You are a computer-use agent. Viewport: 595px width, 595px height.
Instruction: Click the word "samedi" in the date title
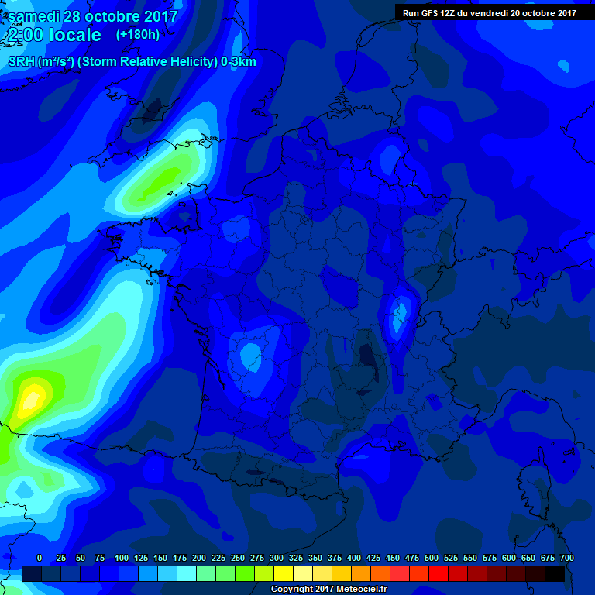(x=36, y=16)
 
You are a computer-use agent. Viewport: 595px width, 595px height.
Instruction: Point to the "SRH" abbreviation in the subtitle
(x=21, y=62)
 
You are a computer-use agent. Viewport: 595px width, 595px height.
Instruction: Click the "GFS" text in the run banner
(x=432, y=13)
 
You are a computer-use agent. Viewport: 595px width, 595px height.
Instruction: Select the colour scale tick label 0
(x=40, y=558)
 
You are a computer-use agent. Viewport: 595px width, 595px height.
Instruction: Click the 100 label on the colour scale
(x=122, y=558)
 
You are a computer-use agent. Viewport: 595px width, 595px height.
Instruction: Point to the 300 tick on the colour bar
(x=277, y=558)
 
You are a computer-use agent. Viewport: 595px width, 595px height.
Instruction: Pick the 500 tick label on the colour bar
(x=432, y=558)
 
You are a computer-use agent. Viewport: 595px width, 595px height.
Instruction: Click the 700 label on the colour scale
(x=567, y=558)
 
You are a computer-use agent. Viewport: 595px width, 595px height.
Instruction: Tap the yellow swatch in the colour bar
(x=283, y=573)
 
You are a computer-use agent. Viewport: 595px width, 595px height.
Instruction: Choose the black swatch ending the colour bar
(x=554, y=573)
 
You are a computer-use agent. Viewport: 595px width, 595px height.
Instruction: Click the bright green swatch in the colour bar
(x=244, y=573)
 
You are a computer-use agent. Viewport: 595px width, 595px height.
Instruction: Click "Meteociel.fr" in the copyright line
(x=356, y=590)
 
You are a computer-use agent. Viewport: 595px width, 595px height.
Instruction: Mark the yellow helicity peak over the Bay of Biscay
(x=31, y=397)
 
